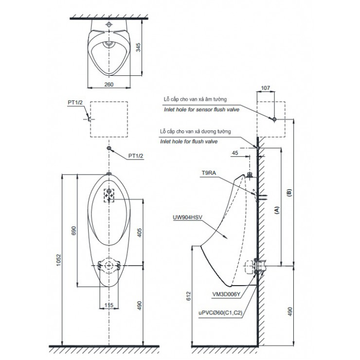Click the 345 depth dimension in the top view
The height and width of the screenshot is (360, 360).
click(138, 48)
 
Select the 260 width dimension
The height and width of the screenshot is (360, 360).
click(109, 85)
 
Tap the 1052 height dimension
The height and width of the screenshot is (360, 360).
click(59, 260)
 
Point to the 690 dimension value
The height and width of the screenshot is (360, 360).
click(73, 231)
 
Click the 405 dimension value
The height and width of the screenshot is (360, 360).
click(139, 233)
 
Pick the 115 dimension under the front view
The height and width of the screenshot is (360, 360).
click(109, 305)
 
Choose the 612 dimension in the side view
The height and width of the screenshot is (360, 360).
click(188, 296)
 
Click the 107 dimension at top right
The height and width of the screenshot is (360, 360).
click(266, 88)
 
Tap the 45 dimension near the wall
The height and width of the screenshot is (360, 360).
click(235, 153)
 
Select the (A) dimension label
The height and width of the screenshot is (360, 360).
click(277, 210)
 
